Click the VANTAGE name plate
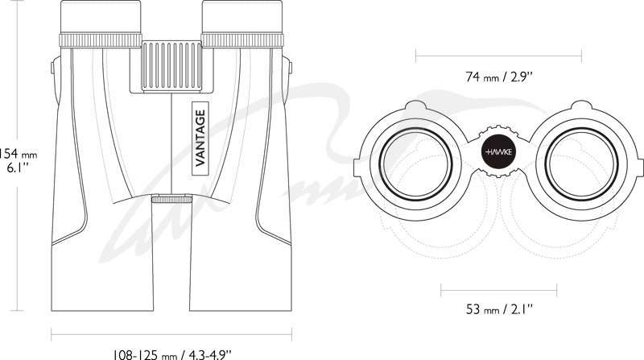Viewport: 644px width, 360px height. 200,138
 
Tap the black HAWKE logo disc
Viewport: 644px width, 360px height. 498,152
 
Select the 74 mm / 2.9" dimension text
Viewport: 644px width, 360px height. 499,77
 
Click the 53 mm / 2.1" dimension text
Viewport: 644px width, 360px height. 499,308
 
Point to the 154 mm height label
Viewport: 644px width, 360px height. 19,161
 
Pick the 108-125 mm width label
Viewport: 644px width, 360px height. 172,354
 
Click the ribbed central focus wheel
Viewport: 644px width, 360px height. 171,65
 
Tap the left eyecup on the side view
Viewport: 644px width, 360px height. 101,17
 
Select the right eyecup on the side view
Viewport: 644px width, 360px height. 242,17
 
